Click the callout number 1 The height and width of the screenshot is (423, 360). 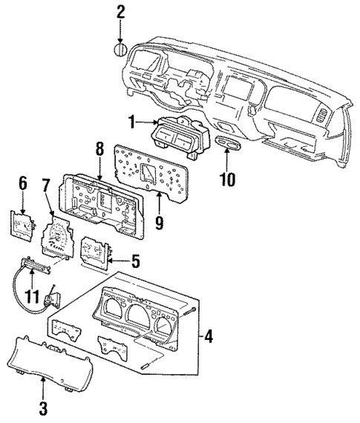[131, 122]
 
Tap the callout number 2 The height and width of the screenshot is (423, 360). [120, 11]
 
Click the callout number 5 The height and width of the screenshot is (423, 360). [135, 260]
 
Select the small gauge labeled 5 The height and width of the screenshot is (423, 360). [95, 251]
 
